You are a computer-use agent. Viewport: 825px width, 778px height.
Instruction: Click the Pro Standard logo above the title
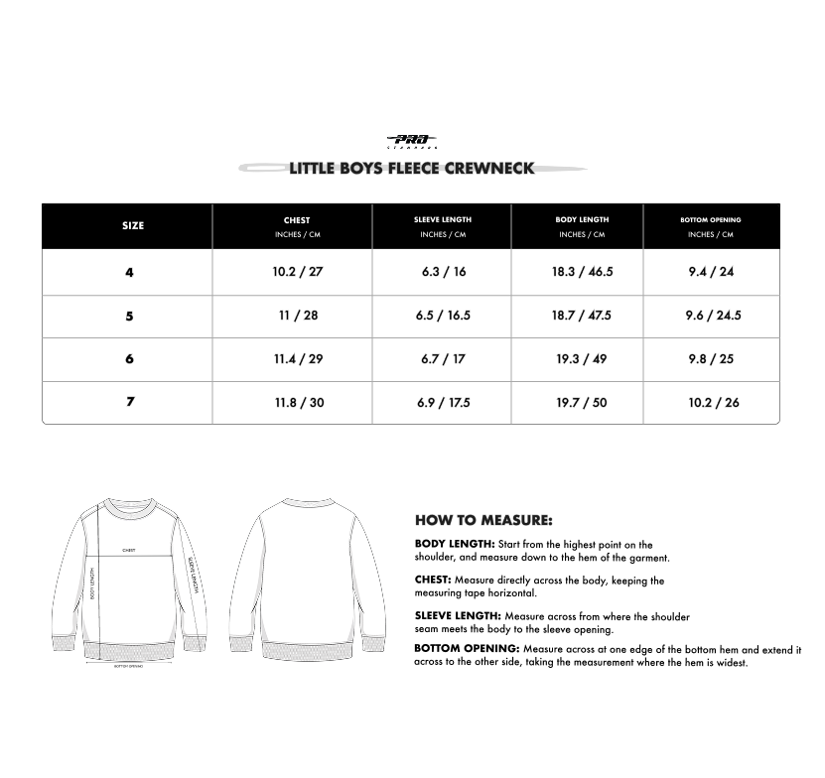tap(412, 141)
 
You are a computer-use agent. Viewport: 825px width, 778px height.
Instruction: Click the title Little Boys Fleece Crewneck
tap(412, 168)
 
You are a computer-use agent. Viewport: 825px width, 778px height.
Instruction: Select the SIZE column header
tap(133, 226)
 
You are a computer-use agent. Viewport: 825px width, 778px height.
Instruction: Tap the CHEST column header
tap(297, 220)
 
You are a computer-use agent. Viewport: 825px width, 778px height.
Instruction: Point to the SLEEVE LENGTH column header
tap(443, 219)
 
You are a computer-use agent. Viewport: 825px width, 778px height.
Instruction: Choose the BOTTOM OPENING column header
tap(711, 219)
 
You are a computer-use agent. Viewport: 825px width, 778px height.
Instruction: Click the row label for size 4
tap(129, 273)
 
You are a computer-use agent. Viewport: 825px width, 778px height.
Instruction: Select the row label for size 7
tap(129, 403)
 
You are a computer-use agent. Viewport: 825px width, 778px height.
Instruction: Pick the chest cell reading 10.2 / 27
tap(298, 272)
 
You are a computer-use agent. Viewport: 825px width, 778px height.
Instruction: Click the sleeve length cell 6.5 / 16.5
tap(443, 316)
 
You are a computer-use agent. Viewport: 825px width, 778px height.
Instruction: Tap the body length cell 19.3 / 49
tap(582, 359)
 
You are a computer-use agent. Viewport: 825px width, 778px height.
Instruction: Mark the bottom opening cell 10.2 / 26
tap(713, 403)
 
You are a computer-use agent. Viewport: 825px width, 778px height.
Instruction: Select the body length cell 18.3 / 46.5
tap(582, 272)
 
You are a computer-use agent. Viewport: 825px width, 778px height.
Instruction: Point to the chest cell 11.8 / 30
tap(298, 403)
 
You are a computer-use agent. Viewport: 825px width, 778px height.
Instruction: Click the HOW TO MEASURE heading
tap(483, 520)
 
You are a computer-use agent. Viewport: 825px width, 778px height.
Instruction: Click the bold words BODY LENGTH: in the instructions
tap(455, 544)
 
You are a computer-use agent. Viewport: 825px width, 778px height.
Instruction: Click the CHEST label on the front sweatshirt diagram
tap(129, 549)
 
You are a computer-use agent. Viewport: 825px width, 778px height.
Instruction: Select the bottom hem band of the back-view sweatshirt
tap(313, 652)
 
